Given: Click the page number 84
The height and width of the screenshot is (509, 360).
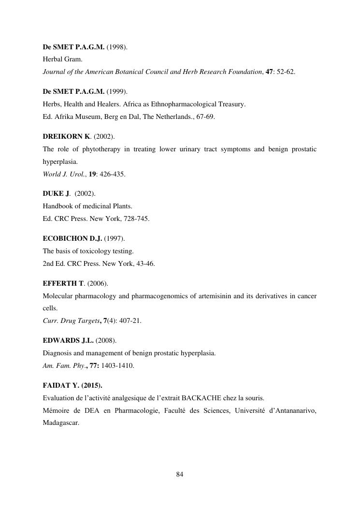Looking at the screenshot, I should (x=180, y=474).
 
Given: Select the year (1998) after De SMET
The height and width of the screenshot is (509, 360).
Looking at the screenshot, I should (x=117, y=47).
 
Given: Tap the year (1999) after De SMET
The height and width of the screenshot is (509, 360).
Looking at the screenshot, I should (x=117, y=91).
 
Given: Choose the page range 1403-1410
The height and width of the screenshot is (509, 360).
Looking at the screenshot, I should (x=117, y=365).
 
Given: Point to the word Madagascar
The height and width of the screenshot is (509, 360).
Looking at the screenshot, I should (x=61, y=423).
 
